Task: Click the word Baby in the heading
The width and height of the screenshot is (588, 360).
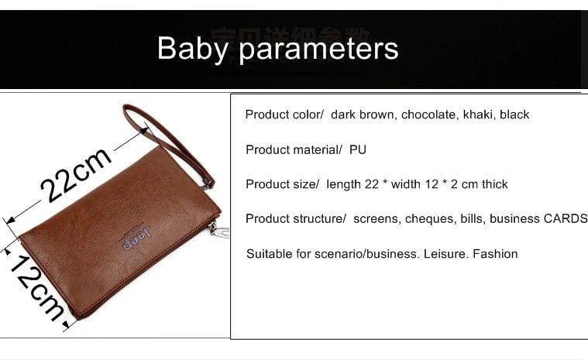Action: point(193,49)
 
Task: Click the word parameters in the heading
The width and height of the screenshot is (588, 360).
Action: point(318,50)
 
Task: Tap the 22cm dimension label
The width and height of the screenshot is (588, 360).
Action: point(76,174)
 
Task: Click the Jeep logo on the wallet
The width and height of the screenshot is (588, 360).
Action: point(137,238)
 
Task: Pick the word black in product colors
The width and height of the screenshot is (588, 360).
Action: point(514,115)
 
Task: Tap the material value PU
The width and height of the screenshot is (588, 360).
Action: point(358,150)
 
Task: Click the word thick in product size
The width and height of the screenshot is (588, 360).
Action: point(494,184)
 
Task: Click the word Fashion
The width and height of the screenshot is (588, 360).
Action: point(495,254)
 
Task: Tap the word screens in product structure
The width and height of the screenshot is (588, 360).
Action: point(376,219)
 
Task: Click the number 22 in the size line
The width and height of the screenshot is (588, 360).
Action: point(372,184)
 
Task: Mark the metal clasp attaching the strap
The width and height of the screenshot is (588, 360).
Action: point(207,183)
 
